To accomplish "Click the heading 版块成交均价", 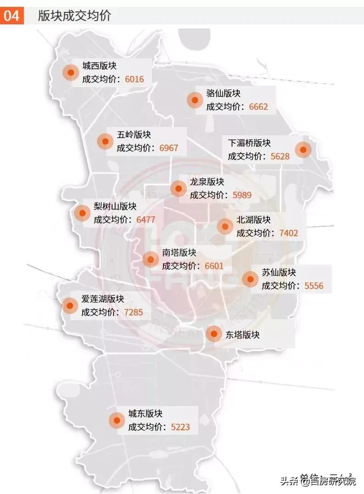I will [x=75, y=16].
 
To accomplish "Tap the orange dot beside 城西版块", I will [x=71, y=72].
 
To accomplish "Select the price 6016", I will [x=134, y=79].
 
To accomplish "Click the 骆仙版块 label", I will [x=224, y=94].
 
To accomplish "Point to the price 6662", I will [x=258, y=107].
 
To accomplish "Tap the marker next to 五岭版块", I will [x=105, y=141].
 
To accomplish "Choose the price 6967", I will [x=168, y=148].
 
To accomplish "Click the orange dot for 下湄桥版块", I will [x=303, y=150].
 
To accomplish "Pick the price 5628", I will [x=280, y=156].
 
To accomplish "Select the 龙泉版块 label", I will [x=207, y=181].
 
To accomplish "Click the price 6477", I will [x=146, y=220].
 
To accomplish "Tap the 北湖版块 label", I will [x=254, y=220].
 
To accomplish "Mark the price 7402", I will [x=289, y=233].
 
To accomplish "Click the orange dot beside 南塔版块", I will [x=151, y=259].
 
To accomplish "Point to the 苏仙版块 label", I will [x=279, y=272].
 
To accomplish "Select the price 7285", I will [x=134, y=313].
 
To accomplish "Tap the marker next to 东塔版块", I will [x=214, y=334].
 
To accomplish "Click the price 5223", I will [x=180, y=427].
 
